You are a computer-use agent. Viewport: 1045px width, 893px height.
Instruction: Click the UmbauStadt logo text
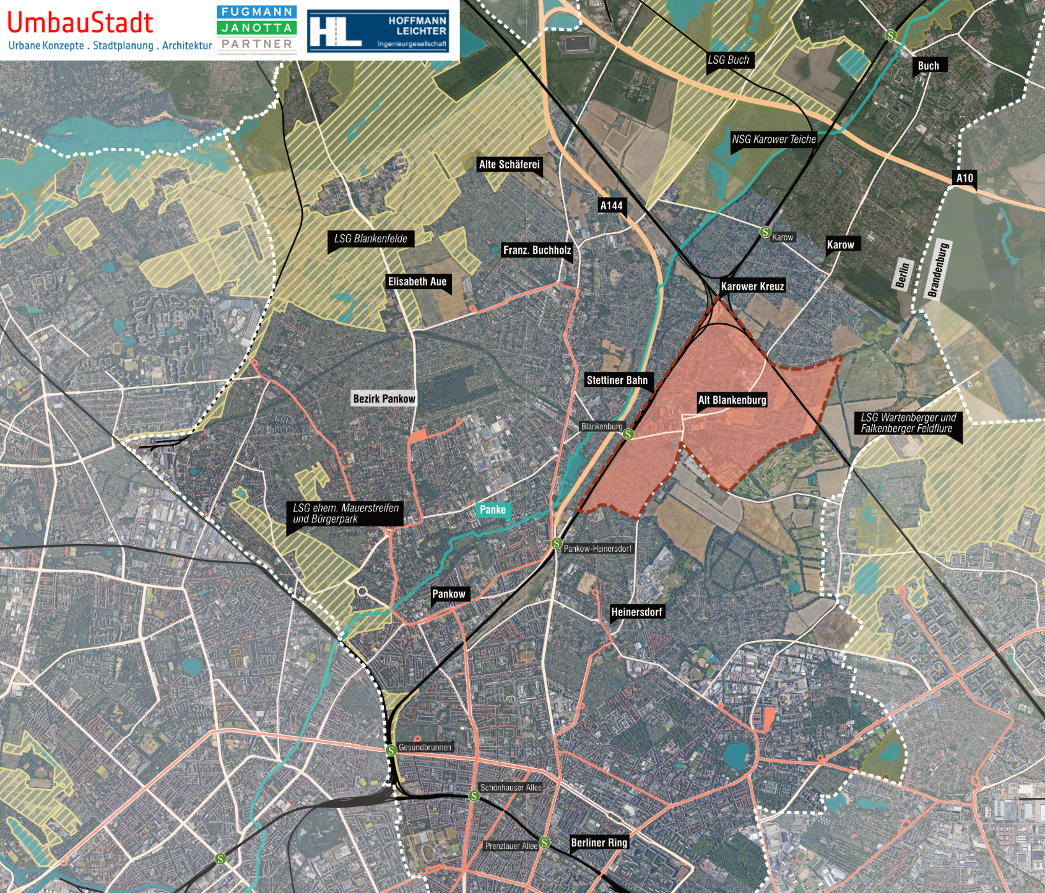click(x=80, y=22)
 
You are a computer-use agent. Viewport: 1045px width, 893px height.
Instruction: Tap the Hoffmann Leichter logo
click(x=378, y=31)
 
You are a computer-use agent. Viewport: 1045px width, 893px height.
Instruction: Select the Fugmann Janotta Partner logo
click(x=256, y=29)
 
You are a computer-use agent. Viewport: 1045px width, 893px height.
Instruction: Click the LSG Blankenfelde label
click(x=370, y=239)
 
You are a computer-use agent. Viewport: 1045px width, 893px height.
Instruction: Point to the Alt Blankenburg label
click(x=732, y=400)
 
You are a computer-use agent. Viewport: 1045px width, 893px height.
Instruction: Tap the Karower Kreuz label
click(x=752, y=286)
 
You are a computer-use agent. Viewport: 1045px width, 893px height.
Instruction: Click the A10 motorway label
click(x=965, y=178)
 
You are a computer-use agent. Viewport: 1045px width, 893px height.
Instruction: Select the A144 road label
click(x=611, y=205)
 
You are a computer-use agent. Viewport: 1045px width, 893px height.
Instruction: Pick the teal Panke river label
click(x=492, y=510)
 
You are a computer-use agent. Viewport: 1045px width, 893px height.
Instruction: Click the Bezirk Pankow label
click(x=384, y=399)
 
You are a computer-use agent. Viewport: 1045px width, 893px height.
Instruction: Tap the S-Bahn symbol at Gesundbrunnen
click(x=391, y=750)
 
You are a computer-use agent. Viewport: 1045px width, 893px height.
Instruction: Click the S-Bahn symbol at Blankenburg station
click(x=628, y=434)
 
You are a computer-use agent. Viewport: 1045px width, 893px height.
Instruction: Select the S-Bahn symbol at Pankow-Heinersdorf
click(x=557, y=543)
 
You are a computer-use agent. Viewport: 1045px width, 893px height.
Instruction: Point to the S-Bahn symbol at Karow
click(x=766, y=232)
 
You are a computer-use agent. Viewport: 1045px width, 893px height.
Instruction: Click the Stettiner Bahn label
click(x=617, y=380)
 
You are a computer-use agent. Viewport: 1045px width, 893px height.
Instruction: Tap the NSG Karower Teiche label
click(x=773, y=139)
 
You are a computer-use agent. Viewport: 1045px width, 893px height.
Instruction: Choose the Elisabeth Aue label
click(x=417, y=281)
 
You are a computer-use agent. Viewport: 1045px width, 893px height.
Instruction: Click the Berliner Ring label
click(x=599, y=843)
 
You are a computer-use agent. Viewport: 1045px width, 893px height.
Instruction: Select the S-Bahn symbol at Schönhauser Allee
click(x=474, y=795)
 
